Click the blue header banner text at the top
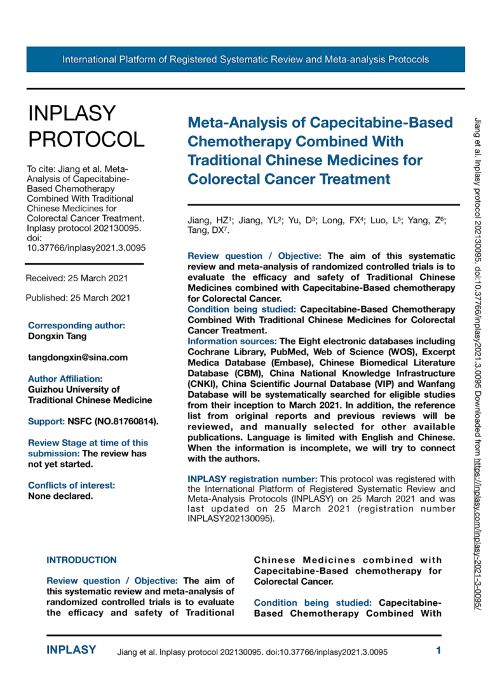tap(245, 60)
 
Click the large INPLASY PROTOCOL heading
tap(86, 125)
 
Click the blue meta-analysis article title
tap(320, 150)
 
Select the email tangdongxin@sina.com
tap(78, 358)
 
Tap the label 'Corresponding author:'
tap(77, 325)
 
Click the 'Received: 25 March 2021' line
tap(77, 278)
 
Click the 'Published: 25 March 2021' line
tap(78, 298)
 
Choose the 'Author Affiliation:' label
tap(65, 379)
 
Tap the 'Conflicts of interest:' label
tap(72, 485)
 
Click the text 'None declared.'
tap(60, 496)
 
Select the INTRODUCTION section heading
tap(82, 561)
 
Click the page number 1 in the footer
tap(438, 650)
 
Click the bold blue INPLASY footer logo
tap(72, 650)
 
